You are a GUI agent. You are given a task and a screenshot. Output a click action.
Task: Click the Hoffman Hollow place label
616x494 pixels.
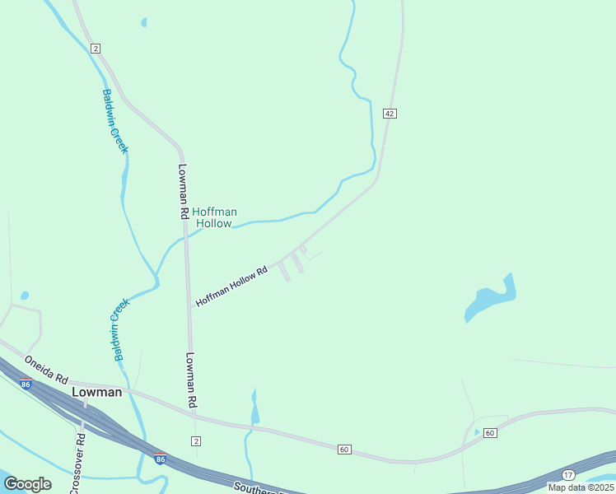pyautogui.click(x=214, y=217)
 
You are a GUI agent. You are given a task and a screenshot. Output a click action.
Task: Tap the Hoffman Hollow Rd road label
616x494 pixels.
pyautogui.click(x=232, y=287)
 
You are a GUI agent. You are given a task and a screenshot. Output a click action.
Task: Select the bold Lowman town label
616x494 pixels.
pyautogui.click(x=97, y=392)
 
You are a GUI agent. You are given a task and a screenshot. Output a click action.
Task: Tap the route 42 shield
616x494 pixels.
pyautogui.click(x=390, y=113)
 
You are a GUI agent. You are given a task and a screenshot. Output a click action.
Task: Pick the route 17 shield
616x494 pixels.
pyautogui.click(x=568, y=475)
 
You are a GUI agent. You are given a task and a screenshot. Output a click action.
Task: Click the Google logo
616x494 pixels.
pyautogui.click(x=27, y=483)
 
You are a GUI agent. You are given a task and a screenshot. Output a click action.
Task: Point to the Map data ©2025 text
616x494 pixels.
pyautogui.click(x=581, y=487)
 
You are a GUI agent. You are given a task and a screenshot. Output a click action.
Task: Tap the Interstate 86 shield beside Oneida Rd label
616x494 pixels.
pyautogui.click(x=26, y=384)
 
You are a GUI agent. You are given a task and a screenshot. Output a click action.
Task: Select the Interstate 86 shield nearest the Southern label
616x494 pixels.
pyautogui.click(x=160, y=459)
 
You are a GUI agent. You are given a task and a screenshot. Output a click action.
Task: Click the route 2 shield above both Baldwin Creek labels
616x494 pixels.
pyautogui.click(x=96, y=49)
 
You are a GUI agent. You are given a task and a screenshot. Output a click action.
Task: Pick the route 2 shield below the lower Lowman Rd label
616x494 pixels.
pyautogui.click(x=195, y=440)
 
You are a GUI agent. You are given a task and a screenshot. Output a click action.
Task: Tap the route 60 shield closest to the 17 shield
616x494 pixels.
pyautogui.click(x=490, y=433)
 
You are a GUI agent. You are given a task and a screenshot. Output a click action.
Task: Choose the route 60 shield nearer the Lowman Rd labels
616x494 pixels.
pyautogui.click(x=344, y=449)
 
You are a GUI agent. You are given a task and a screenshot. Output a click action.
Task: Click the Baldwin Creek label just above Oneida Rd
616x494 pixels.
pyautogui.click(x=120, y=329)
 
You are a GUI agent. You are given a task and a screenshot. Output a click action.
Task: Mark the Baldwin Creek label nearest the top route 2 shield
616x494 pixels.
pyautogui.click(x=114, y=120)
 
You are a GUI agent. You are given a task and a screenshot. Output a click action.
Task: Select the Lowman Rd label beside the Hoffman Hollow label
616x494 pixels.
pyautogui.click(x=184, y=190)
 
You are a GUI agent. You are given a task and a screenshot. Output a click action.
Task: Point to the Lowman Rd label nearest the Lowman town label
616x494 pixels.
pyautogui.click(x=191, y=380)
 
